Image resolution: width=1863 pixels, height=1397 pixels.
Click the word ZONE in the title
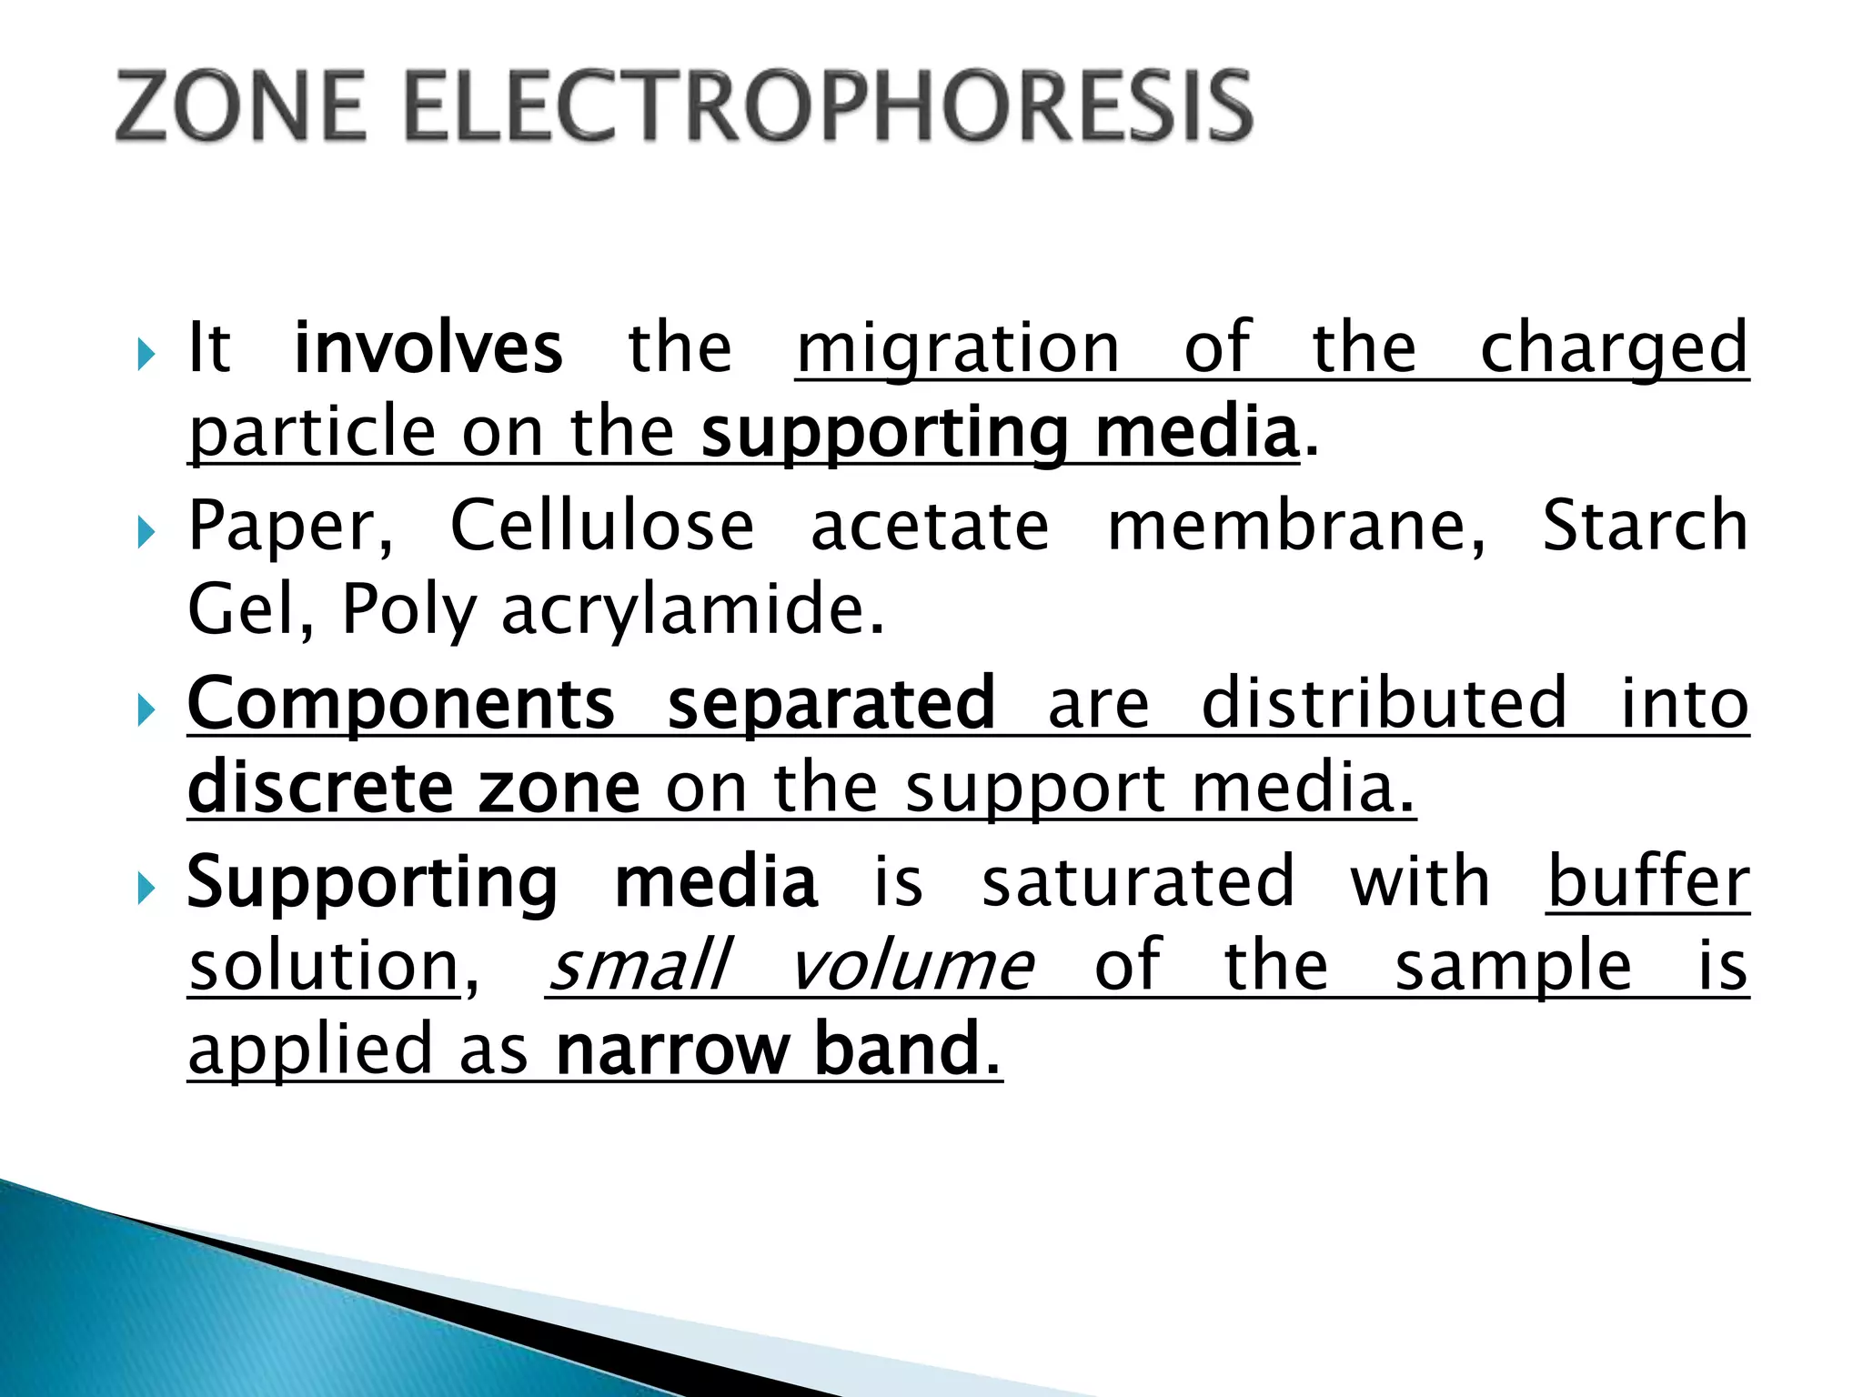pyautogui.click(x=242, y=107)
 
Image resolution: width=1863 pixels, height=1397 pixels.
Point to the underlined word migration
pyautogui.click(x=958, y=349)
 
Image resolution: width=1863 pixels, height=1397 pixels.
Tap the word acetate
pyautogui.click(x=930, y=528)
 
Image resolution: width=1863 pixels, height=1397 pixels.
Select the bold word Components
pyautogui.click(x=401, y=706)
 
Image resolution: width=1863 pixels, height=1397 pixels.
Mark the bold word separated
pyautogui.click(x=831, y=706)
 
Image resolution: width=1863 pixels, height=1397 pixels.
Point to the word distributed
pyautogui.click(x=1385, y=704)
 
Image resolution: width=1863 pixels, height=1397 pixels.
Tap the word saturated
pyautogui.click(x=1138, y=882)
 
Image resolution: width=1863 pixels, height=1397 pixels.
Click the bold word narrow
pyautogui.click(x=671, y=1050)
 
